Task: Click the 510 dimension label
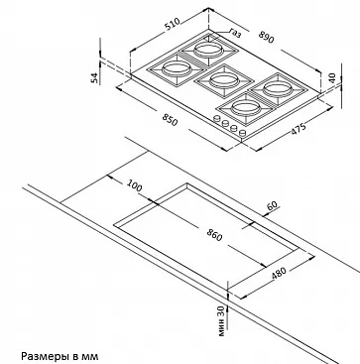coord(173,24)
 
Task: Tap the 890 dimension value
coord(266,37)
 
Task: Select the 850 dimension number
coord(170,120)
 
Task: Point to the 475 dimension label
coord(299,129)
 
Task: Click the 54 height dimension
coord(95,77)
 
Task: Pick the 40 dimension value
coord(332,77)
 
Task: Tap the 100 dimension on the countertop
coord(134,186)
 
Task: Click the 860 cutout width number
coord(214,235)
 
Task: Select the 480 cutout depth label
coord(278,274)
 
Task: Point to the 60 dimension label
coord(272,205)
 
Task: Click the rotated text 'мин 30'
coord(221,320)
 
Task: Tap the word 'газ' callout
coord(235,33)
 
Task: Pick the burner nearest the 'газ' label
coord(207,51)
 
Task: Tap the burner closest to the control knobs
coord(245,108)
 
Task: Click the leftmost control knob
coord(217,118)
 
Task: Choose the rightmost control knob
coord(242,133)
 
